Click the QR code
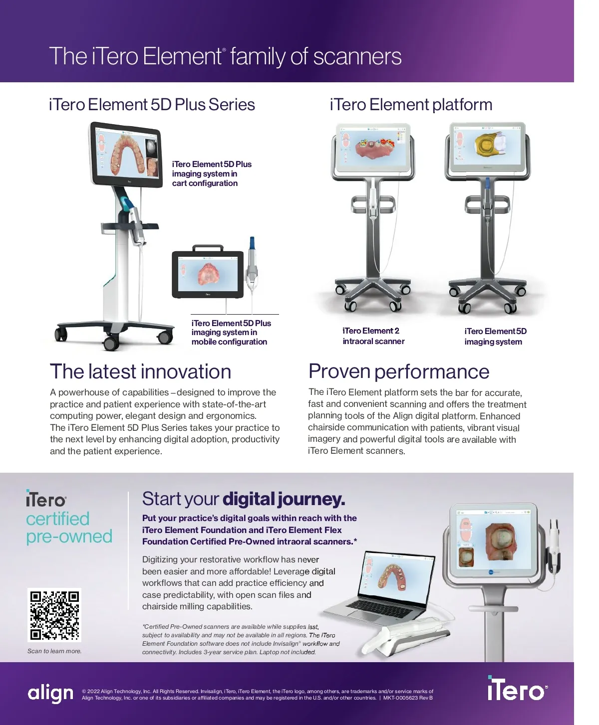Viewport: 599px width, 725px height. pyautogui.click(x=54, y=615)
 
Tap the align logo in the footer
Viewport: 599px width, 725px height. pyautogui.click(x=50, y=693)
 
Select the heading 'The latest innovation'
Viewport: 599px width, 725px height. pyautogui.click(x=140, y=372)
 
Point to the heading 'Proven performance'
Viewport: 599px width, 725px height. pyautogui.click(x=398, y=372)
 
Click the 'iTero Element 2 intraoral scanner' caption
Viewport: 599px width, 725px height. pyautogui.click(x=373, y=336)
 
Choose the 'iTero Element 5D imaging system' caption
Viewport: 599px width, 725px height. pyautogui.click(x=495, y=337)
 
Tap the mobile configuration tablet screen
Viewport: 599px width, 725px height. pyautogui.click(x=208, y=275)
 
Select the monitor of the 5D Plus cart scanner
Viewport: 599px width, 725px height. pyautogui.click(x=127, y=156)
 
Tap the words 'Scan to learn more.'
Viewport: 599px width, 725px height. pyautogui.click(x=54, y=651)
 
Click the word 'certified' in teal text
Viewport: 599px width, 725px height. pyautogui.click(x=58, y=519)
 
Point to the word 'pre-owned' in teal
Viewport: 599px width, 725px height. pyautogui.click(x=69, y=537)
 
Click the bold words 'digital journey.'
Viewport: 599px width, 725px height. pyautogui.click(x=284, y=499)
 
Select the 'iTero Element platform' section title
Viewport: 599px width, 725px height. pyautogui.click(x=411, y=105)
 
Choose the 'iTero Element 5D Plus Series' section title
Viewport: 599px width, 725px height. pyautogui.click(x=152, y=105)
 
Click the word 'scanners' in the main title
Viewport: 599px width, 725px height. pyautogui.click(x=357, y=57)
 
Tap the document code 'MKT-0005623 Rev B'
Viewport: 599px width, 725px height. pyautogui.click(x=408, y=698)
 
